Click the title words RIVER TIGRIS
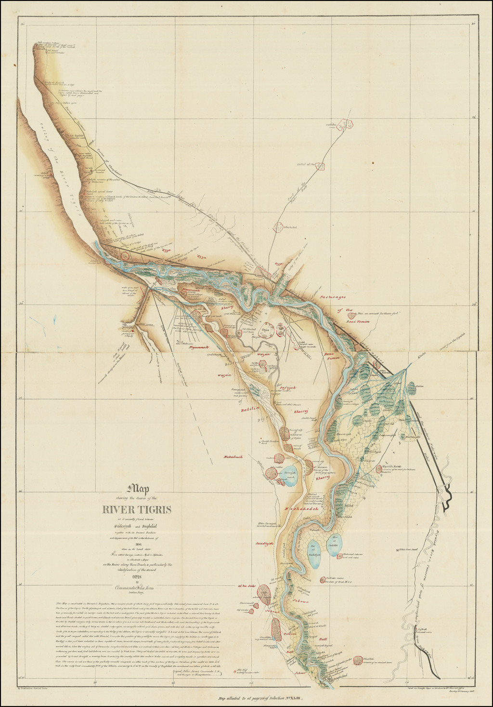136,510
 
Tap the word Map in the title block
136,489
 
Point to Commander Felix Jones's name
136,587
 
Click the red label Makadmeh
233,457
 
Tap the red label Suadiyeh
264,543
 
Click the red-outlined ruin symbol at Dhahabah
278,227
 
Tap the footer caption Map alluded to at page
260,697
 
